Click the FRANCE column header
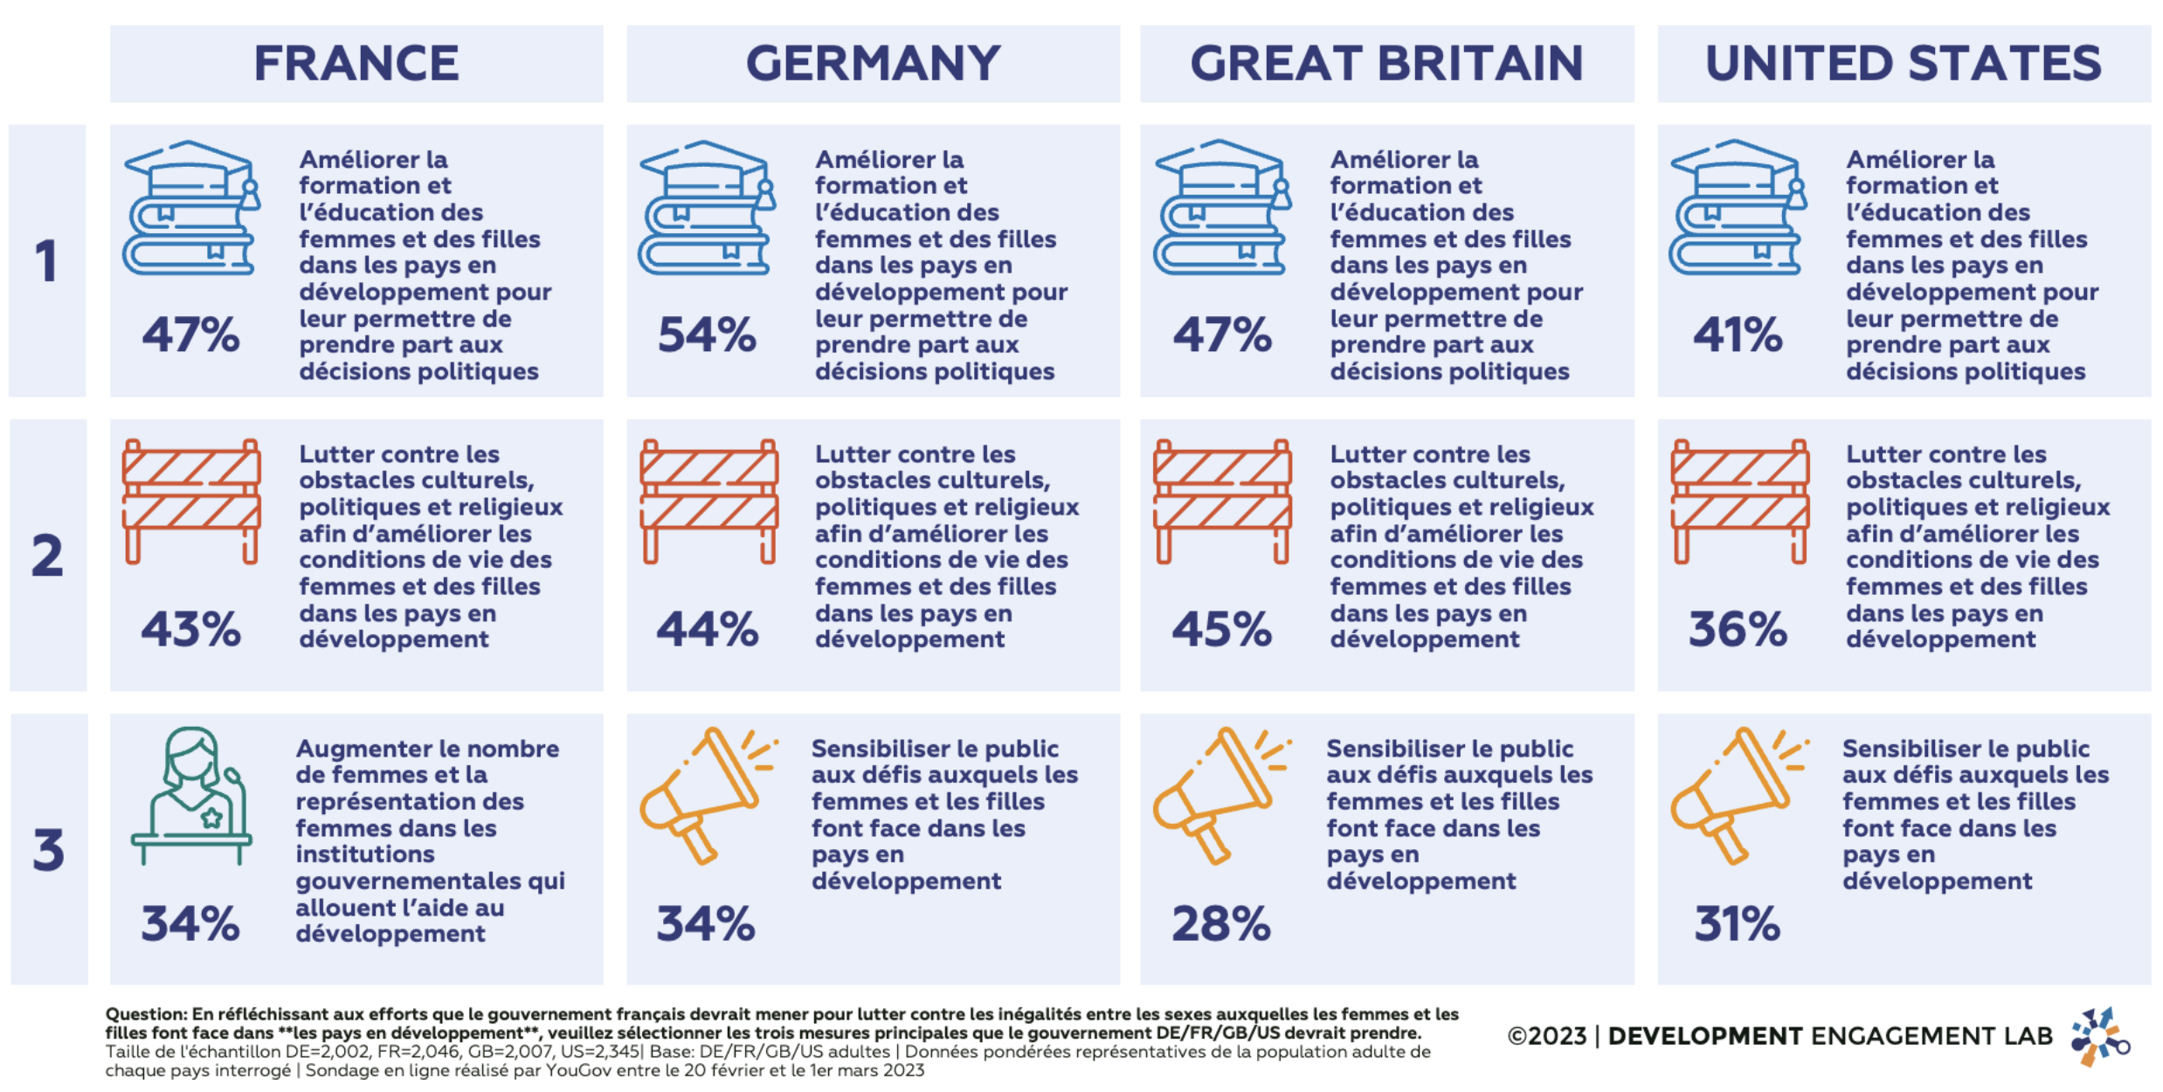pyautogui.click(x=356, y=64)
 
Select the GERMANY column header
pyautogui.click(x=873, y=64)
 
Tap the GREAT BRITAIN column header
pyautogui.click(x=1386, y=64)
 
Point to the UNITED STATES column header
pyautogui.click(x=1904, y=64)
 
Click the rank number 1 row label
pyautogui.click(x=47, y=261)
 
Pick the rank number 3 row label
pyautogui.click(x=49, y=849)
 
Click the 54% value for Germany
pyautogui.click(x=707, y=335)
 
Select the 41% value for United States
pyautogui.click(x=1738, y=335)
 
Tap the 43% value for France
pyautogui.click(x=190, y=629)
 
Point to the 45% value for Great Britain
pyautogui.click(x=1221, y=629)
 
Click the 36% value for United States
pyautogui.click(x=1738, y=629)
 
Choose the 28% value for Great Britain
pyautogui.click(x=1220, y=923)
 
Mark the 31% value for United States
pyautogui.click(x=1737, y=923)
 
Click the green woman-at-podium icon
pyautogui.click(x=192, y=795)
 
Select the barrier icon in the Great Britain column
pyautogui.click(x=1222, y=501)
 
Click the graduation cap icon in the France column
pyautogui.click(x=191, y=208)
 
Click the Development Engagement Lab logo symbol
pyautogui.click(x=2098, y=1037)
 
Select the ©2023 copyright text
pyautogui.click(x=1546, y=1036)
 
